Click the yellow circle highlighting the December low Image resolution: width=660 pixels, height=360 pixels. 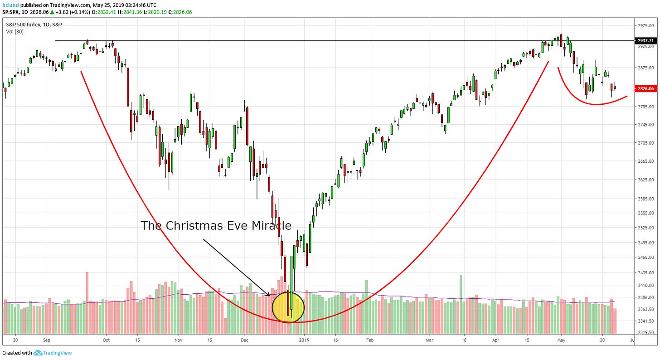click(288, 307)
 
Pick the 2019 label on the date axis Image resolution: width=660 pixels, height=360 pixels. click(304, 339)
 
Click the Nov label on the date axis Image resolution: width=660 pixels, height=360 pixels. click(178, 339)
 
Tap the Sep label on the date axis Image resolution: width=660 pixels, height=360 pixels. click(46, 339)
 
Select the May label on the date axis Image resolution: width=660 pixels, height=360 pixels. click(561, 339)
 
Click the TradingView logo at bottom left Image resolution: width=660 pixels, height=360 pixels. click(53, 353)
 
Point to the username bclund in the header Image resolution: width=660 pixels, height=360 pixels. click(10, 4)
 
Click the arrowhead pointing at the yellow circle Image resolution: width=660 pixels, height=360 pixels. click(268, 295)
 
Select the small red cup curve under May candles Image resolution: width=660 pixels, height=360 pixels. click(589, 102)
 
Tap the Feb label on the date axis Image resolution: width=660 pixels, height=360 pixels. click(369, 339)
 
